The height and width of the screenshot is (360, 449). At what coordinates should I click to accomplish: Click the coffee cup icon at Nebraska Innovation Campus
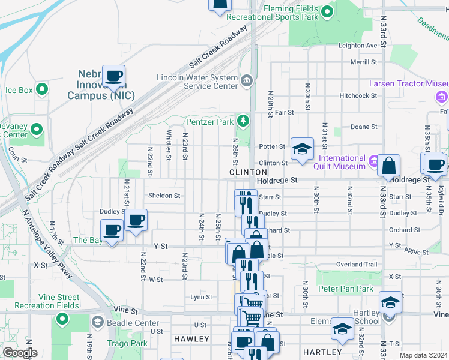point(113,76)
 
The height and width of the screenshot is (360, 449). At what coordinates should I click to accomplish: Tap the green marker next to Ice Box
point(41,90)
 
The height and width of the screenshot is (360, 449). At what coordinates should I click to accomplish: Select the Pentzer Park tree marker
point(243,121)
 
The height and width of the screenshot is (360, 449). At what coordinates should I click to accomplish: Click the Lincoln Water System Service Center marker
point(246,81)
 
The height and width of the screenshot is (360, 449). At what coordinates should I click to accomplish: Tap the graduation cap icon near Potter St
point(302,149)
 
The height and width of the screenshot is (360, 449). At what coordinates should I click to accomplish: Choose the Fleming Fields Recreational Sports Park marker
point(327,11)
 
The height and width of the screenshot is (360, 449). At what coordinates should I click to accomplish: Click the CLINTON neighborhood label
point(248,172)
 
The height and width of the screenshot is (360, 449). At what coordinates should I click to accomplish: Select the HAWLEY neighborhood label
point(191,339)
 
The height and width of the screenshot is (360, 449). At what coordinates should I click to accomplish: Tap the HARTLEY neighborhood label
point(322,352)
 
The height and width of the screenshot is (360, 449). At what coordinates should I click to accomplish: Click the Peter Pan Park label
point(345,289)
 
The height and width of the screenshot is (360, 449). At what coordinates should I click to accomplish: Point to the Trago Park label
point(127,344)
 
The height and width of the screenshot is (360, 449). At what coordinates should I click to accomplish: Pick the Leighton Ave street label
point(358,46)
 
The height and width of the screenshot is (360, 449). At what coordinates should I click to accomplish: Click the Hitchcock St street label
point(358,96)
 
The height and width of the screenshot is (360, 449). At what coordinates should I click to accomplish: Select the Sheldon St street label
point(164,196)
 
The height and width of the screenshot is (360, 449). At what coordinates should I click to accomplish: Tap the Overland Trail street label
point(357,264)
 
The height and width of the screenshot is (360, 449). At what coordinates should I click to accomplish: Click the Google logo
point(20,353)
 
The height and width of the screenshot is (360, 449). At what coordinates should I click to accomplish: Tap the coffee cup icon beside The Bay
point(112,231)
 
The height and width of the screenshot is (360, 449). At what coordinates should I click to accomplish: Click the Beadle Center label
point(138,323)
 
